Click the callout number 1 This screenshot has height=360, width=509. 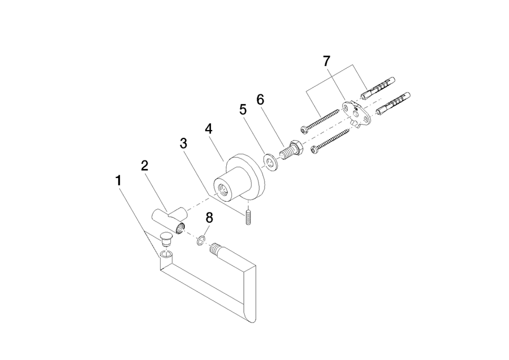119,181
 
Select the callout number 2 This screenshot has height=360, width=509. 145,166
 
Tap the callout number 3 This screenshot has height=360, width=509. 184,143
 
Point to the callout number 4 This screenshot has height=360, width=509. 209,129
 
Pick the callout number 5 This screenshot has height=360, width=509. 243,110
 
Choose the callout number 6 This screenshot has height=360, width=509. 260,100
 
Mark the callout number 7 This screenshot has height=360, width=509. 326,61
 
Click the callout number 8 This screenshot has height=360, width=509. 209,218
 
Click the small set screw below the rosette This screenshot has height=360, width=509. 248,217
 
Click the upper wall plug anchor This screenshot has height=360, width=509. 378,88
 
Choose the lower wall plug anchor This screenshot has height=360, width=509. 393,103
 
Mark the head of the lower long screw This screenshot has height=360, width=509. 314,150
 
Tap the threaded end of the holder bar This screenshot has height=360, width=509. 215,249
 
